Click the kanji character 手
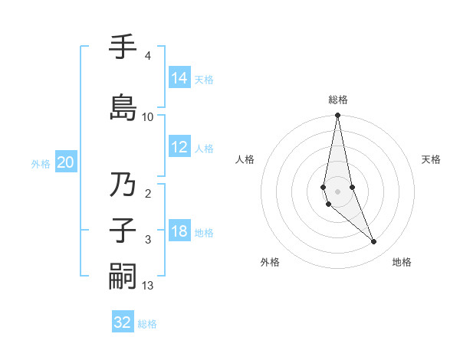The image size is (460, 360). pyautogui.click(x=123, y=48)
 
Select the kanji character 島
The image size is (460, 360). pyautogui.click(x=123, y=106)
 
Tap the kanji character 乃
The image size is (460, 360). pyautogui.click(x=123, y=186)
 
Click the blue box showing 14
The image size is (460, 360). pyautogui.click(x=179, y=78)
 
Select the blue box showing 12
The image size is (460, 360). pyautogui.click(x=179, y=147)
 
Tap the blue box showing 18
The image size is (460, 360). pyautogui.click(x=179, y=232)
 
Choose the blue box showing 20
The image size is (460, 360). pyautogui.click(x=65, y=162)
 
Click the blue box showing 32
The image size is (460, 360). pyautogui.click(x=123, y=322)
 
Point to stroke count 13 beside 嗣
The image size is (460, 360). pyautogui.click(x=148, y=286)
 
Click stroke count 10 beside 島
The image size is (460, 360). pyautogui.click(x=148, y=117)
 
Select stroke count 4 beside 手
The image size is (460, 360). pyautogui.click(x=147, y=56)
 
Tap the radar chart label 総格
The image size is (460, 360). pyautogui.click(x=337, y=100)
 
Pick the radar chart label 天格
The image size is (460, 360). pyautogui.click(x=431, y=159)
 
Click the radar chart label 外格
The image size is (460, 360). pyautogui.click(x=270, y=262)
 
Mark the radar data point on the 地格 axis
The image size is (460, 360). pyautogui.click(x=374, y=242)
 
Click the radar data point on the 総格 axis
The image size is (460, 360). pyautogui.click(x=337, y=116)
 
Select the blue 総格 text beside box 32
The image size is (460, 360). pyautogui.click(x=147, y=324)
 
